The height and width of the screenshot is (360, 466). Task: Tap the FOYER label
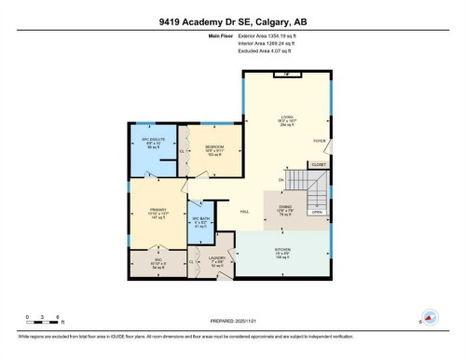[x=319, y=143]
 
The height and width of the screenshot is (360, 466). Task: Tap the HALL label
[x=245, y=213]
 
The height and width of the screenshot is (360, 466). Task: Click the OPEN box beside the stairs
[x=317, y=212]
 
